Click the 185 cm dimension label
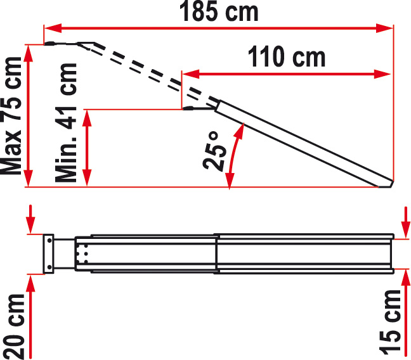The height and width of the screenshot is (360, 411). pos(219,12)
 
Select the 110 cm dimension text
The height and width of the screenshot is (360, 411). pos(287,56)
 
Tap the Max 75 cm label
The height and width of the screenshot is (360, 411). pos(11,115)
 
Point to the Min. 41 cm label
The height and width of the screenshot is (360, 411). pos(66,122)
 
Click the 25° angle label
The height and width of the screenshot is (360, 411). pos(214,151)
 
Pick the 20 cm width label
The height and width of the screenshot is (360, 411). pos(14,326)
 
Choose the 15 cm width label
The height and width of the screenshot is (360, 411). pos(390,322)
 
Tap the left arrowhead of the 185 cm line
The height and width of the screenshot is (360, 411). pos(53,28)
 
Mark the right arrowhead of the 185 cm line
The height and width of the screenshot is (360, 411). pos(384,28)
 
